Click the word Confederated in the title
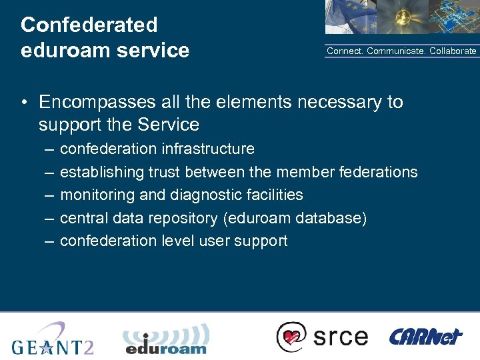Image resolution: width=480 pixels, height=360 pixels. pos(89,25)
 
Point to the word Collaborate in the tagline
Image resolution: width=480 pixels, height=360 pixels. pos(453,51)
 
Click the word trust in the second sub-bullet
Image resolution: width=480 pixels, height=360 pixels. pos(165,172)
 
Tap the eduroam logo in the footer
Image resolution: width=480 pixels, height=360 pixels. pos(166,339)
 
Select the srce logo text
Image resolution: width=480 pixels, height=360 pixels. pos(340,336)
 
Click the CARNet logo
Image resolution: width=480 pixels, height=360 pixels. pos(425,336)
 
